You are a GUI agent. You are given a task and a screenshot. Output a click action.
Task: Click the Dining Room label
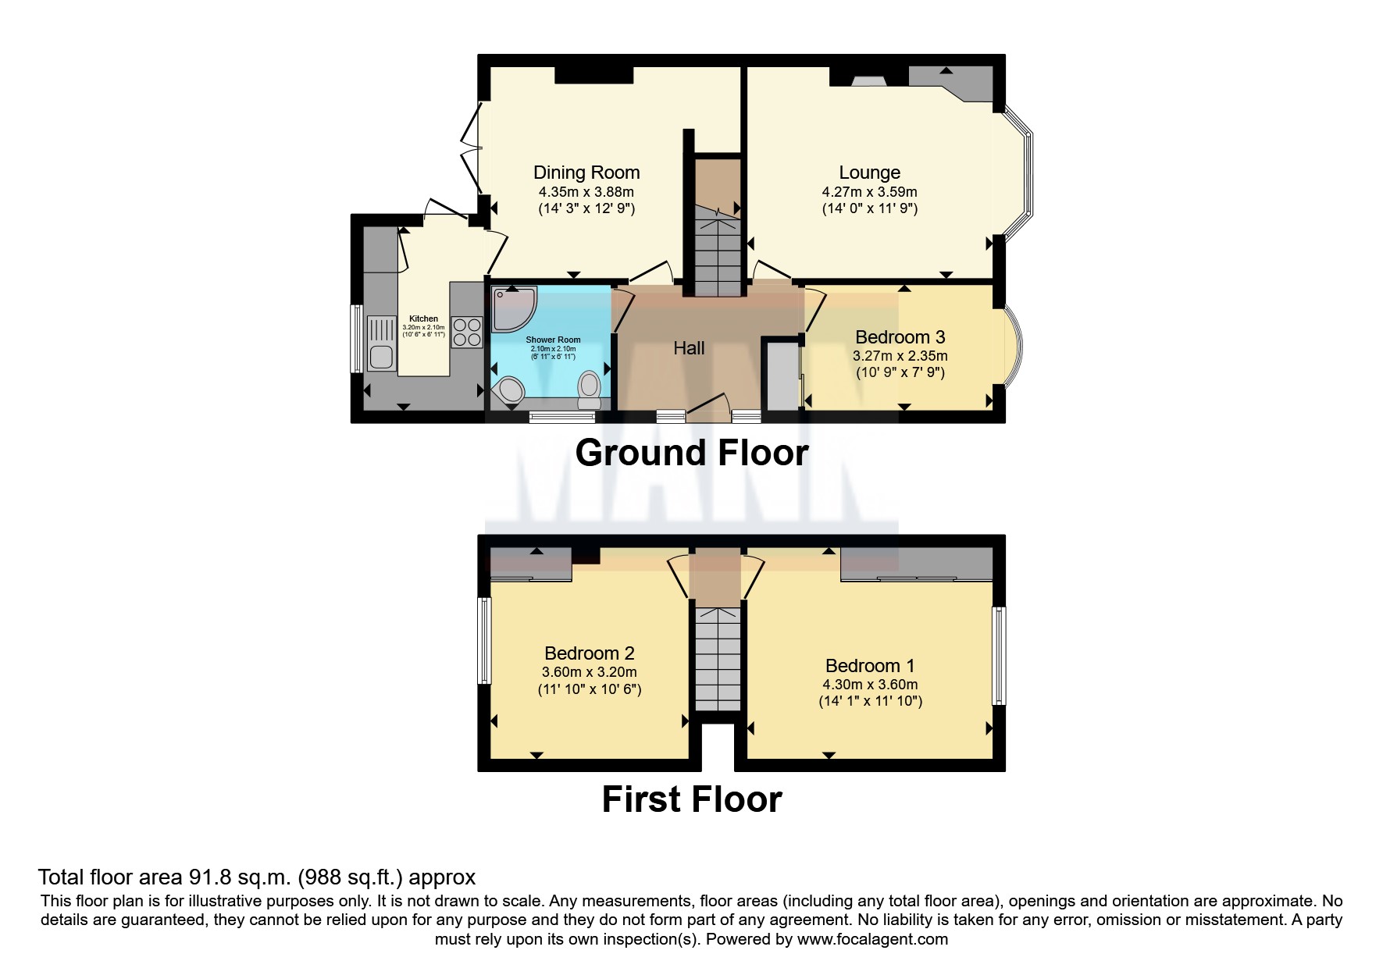tap(586, 173)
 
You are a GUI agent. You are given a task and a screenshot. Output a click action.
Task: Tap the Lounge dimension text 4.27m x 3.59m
tap(869, 191)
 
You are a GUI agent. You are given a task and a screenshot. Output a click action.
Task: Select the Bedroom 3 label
tap(900, 337)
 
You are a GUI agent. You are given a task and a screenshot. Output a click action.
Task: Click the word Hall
tap(689, 348)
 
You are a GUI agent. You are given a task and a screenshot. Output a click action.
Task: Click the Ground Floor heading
tap(691, 453)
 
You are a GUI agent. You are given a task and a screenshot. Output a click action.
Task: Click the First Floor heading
tap(691, 799)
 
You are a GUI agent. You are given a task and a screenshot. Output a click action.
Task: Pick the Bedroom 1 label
tap(869, 666)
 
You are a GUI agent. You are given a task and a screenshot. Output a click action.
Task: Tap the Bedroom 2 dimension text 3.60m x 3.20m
tap(589, 672)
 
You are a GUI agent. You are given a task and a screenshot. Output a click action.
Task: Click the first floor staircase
tap(717, 660)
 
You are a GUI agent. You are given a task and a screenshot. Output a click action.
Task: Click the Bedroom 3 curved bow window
tap(1013, 343)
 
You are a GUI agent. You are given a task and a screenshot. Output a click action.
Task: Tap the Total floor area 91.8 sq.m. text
tap(256, 877)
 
